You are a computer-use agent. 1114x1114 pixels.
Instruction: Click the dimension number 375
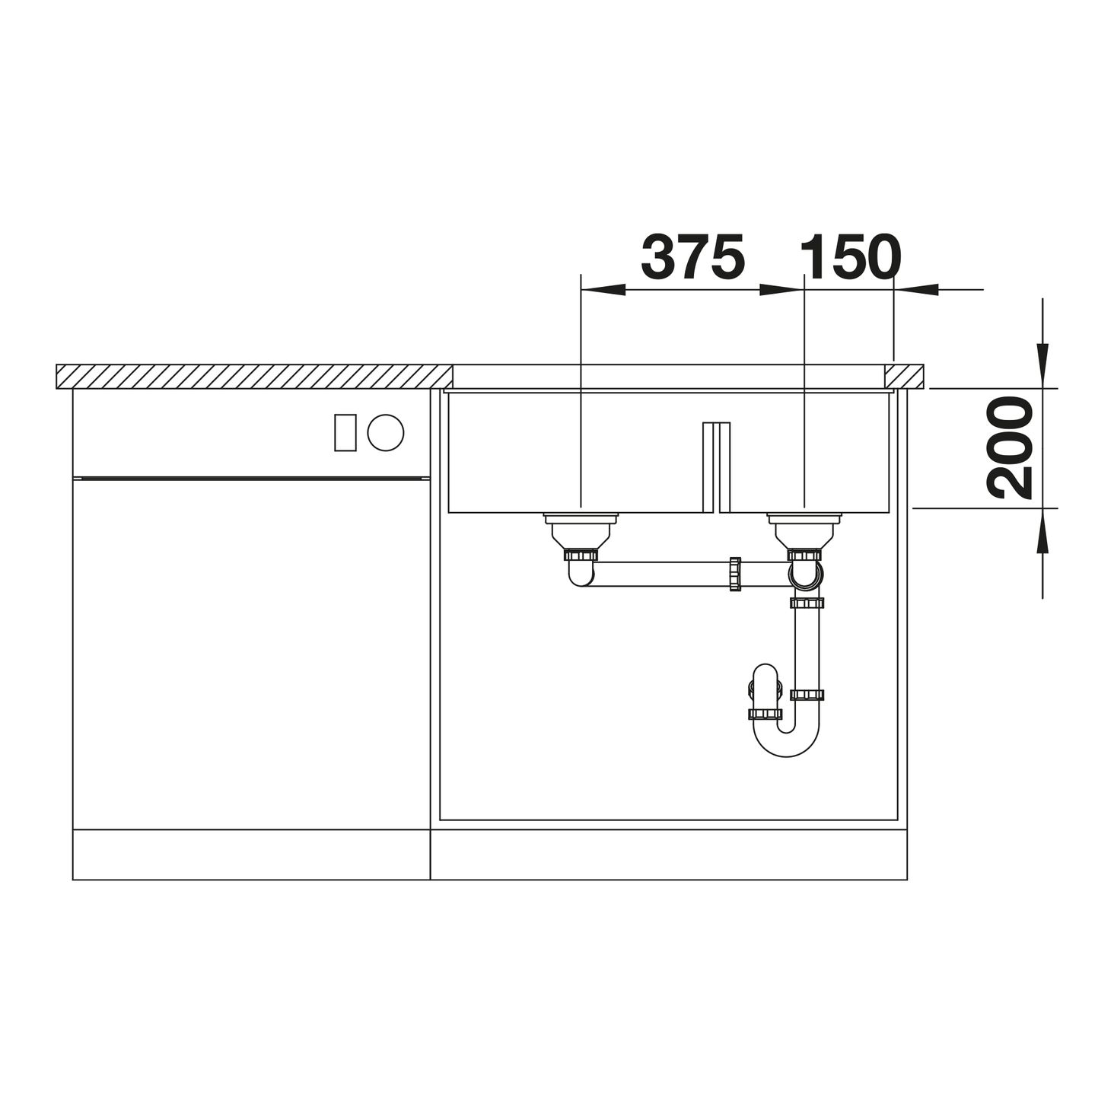tap(692, 256)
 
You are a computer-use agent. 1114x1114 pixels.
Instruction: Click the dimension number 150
tap(850, 256)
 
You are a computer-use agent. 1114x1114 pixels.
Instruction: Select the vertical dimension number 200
tap(1010, 448)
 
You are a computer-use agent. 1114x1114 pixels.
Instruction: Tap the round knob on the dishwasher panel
tap(386, 432)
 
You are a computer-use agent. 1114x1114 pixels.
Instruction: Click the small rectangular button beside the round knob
tap(345, 432)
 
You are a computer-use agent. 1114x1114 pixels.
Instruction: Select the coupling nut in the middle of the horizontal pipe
tap(735, 574)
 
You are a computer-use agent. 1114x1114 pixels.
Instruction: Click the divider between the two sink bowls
tap(716, 467)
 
